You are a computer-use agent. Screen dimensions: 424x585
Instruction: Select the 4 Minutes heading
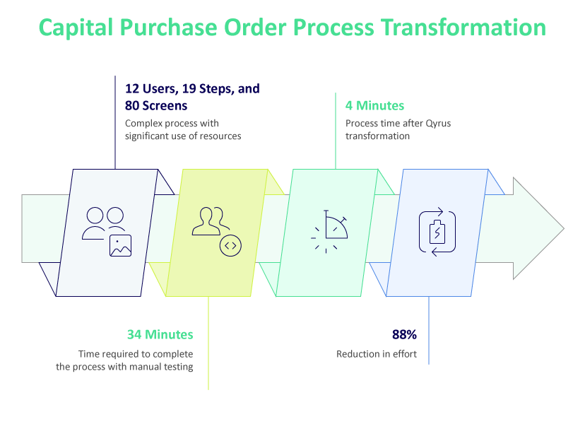click(374, 106)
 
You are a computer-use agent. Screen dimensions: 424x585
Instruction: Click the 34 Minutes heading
click(160, 334)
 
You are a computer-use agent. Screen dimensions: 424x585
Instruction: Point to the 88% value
click(405, 334)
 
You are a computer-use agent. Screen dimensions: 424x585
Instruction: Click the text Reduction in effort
click(377, 354)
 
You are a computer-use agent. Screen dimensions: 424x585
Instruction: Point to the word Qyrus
click(437, 124)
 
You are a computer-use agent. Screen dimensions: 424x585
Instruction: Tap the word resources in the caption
click(219, 136)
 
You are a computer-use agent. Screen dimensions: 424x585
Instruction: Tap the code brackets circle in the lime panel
click(230, 245)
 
